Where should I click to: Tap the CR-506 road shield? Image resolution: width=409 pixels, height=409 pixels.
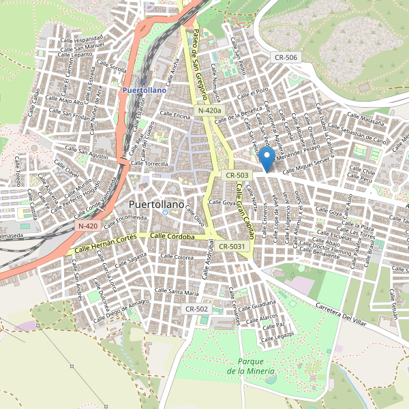(284, 57)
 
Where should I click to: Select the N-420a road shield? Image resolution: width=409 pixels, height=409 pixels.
(210, 110)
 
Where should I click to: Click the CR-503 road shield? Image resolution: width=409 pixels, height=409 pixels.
(234, 175)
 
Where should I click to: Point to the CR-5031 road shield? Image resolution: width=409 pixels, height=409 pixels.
(233, 246)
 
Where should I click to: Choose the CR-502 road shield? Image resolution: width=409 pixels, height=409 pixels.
(196, 309)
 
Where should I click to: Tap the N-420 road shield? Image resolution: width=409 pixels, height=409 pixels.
(89, 226)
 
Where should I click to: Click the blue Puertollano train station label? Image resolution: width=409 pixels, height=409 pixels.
(144, 89)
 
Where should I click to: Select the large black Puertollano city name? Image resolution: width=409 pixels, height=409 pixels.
(156, 204)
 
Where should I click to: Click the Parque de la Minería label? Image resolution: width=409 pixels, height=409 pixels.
(252, 366)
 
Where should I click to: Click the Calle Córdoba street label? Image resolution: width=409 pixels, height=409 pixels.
(173, 237)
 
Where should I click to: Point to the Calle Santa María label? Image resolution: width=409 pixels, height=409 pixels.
(177, 292)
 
